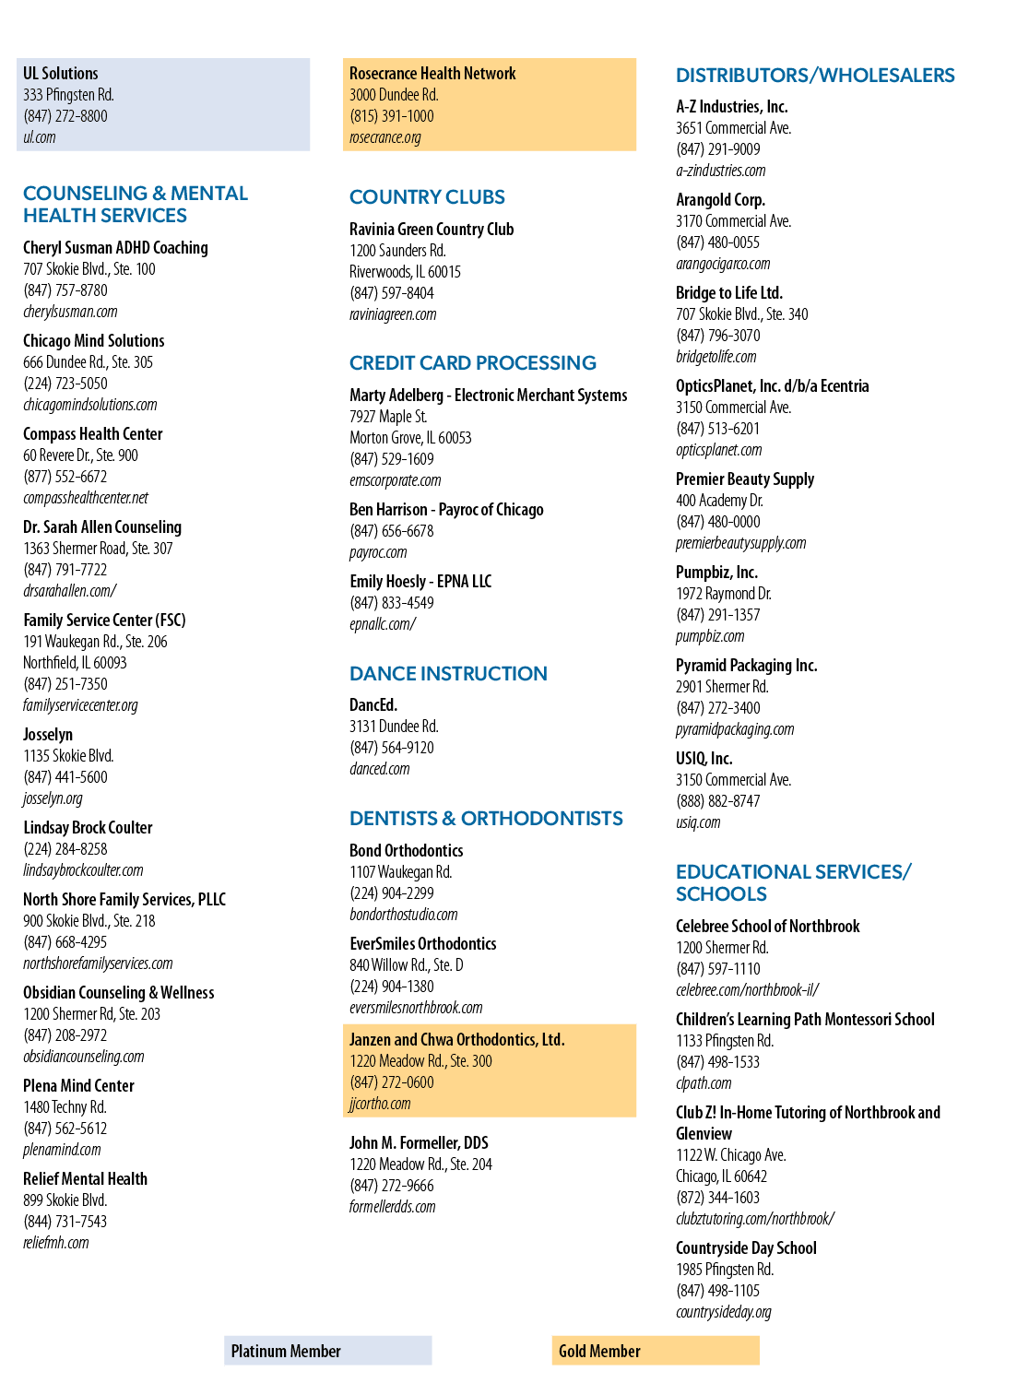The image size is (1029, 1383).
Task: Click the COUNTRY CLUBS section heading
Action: tap(427, 197)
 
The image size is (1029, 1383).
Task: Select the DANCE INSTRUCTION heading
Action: tap(448, 673)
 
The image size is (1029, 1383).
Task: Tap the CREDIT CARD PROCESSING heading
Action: tap(473, 363)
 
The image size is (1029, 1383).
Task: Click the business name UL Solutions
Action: tap(61, 74)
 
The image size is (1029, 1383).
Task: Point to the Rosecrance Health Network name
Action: tap(432, 74)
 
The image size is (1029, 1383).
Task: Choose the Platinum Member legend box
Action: tap(328, 1351)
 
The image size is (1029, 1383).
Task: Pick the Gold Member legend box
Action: tap(656, 1351)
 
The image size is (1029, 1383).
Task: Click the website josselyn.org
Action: tap(53, 798)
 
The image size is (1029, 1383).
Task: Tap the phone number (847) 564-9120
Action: tap(392, 748)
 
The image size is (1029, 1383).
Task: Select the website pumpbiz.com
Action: tap(710, 636)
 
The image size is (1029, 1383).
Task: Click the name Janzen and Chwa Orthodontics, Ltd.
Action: tap(456, 1040)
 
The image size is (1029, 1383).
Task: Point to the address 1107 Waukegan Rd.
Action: tap(400, 872)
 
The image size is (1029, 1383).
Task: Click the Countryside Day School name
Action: tap(746, 1248)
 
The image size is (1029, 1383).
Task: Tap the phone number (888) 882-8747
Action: tap(717, 801)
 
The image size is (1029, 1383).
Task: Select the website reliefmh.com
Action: tap(56, 1244)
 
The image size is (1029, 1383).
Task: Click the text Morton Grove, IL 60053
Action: tap(410, 438)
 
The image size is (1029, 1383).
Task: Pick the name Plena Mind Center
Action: tap(78, 1086)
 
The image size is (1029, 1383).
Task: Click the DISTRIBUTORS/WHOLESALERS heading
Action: tap(815, 76)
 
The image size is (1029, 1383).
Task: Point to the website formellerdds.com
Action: tap(392, 1207)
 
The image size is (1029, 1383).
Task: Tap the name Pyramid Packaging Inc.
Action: tap(747, 666)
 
